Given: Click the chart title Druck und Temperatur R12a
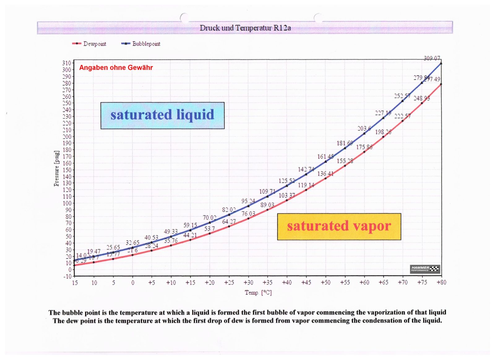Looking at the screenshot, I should pos(245,28).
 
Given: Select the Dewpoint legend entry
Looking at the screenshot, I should pos(89,44).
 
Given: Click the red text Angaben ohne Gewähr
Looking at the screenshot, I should pos(116,67).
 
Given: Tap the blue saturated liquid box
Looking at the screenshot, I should pos(162,115).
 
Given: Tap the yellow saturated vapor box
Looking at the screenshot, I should pos(339,226).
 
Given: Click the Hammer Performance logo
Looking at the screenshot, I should pos(425,269).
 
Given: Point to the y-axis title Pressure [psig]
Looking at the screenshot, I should pos(56,169).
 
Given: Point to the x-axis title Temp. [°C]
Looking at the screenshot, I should pos(258,293).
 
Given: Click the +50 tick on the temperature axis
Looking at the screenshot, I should pos(325,283).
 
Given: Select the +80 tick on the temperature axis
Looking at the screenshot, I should pos(441,283).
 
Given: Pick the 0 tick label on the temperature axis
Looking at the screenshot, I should pos(133,283).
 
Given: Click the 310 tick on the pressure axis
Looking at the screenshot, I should pos(67,63).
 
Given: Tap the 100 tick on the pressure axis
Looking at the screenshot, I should pos(67,203).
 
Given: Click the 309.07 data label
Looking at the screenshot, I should pos(432,58).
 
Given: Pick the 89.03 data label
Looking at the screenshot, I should pos(267,205).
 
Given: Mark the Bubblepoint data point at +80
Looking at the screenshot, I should pos(441,63).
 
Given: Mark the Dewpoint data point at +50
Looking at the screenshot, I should pos(325,178).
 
